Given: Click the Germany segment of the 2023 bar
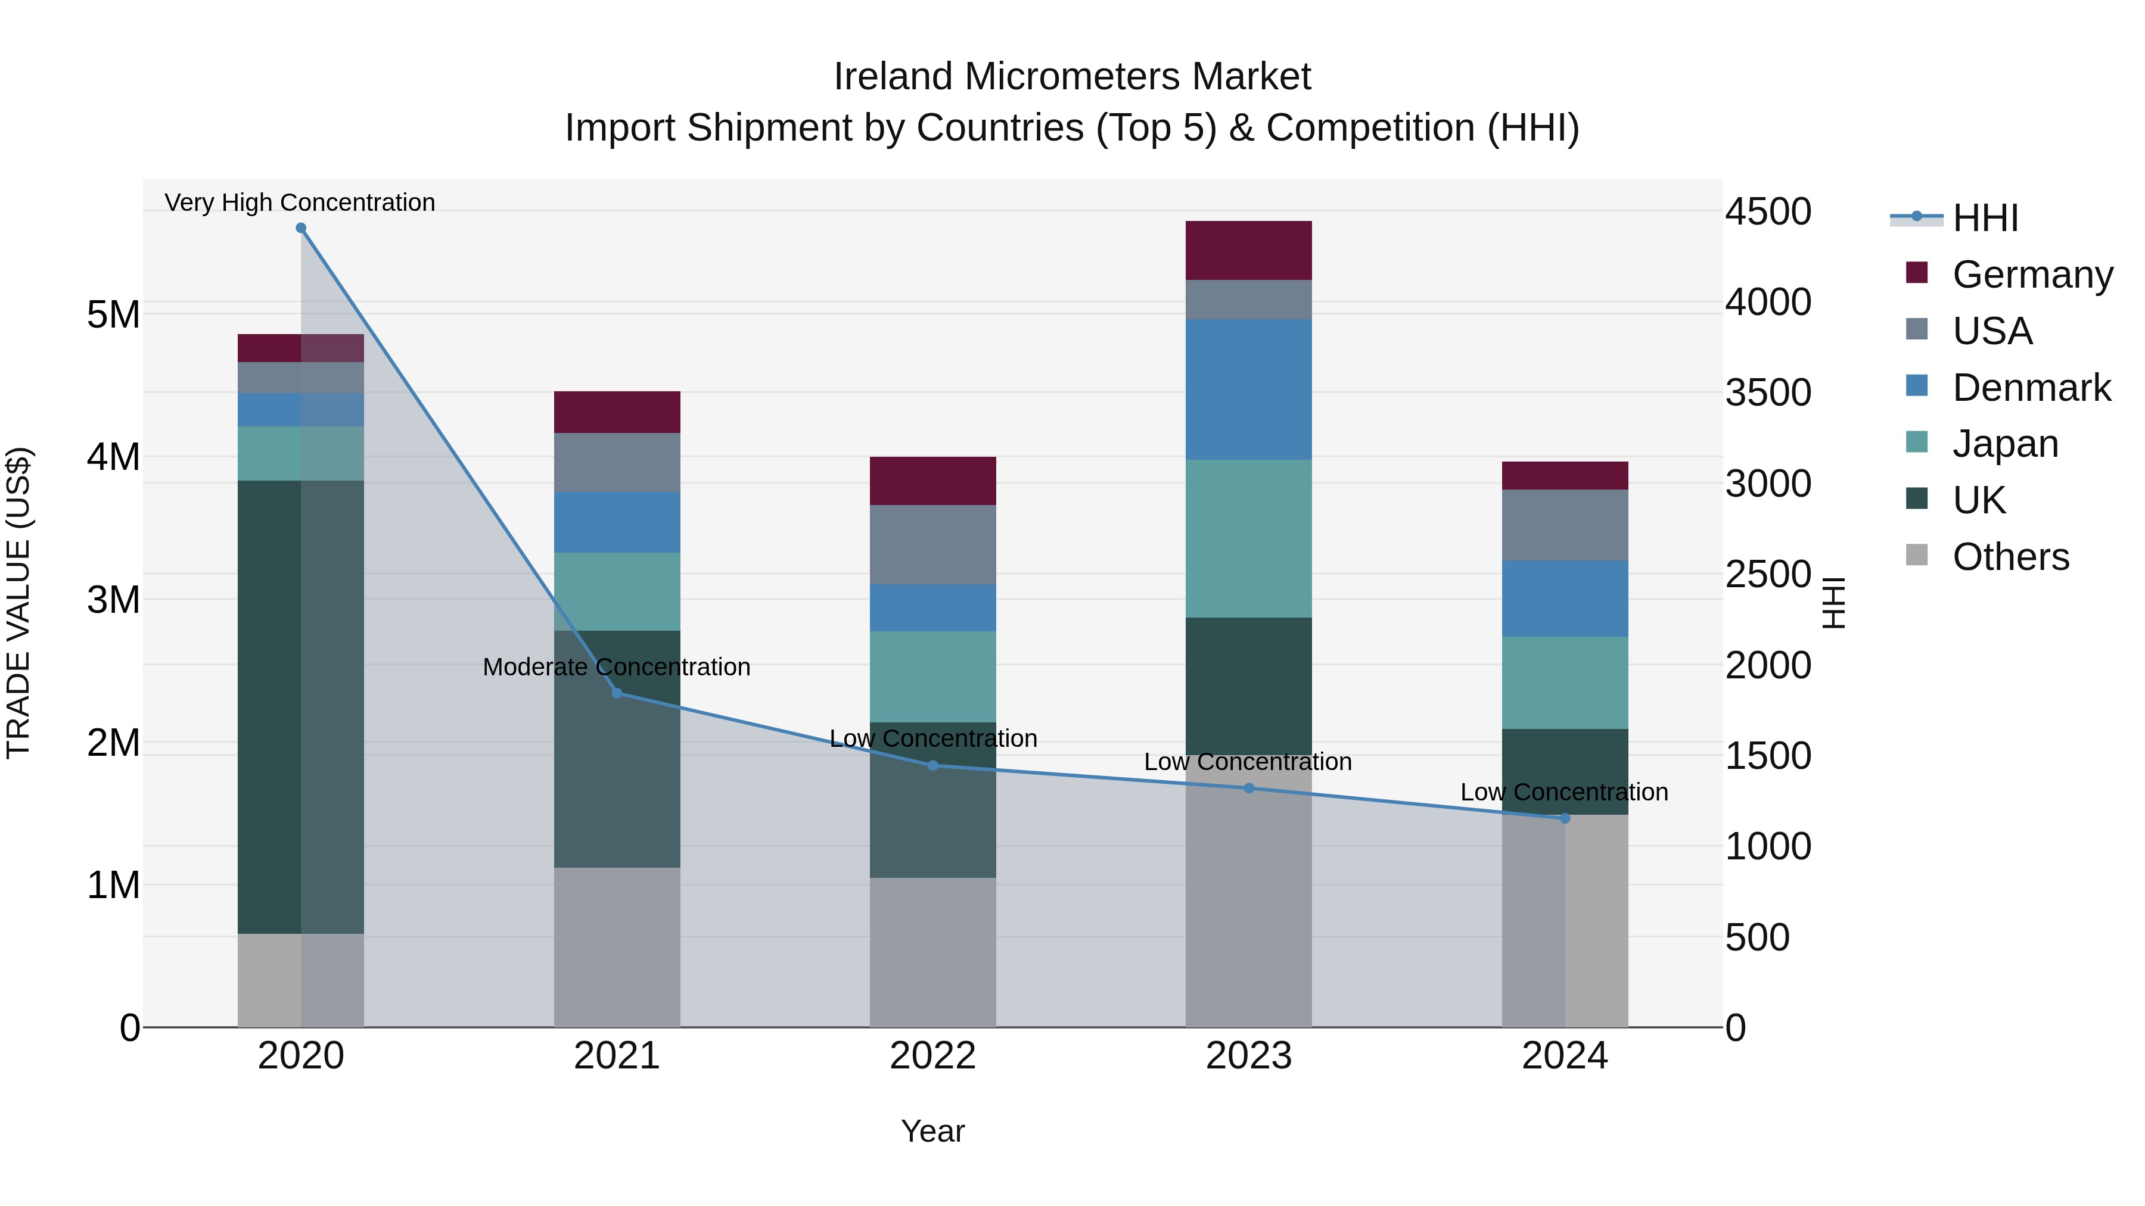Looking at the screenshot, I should point(1248,250).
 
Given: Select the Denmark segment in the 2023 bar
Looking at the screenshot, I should point(1248,389).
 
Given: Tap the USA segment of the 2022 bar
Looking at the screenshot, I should point(932,544).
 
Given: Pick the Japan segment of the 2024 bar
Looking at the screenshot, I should point(1564,683).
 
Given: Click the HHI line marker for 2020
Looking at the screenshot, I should point(301,228).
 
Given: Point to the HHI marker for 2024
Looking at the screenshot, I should point(1564,818).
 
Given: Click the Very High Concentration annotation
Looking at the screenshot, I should point(300,202).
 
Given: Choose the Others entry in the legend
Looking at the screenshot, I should point(2010,557).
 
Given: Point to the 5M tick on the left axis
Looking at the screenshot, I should point(113,314).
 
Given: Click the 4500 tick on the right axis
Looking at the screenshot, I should point(1767,211).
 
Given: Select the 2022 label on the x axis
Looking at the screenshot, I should point(932,1056).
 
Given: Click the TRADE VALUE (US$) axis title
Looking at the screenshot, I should point(18,603).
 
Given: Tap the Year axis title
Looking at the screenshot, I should point(932,1131).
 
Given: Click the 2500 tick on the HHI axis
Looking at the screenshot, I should point(1767,574).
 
